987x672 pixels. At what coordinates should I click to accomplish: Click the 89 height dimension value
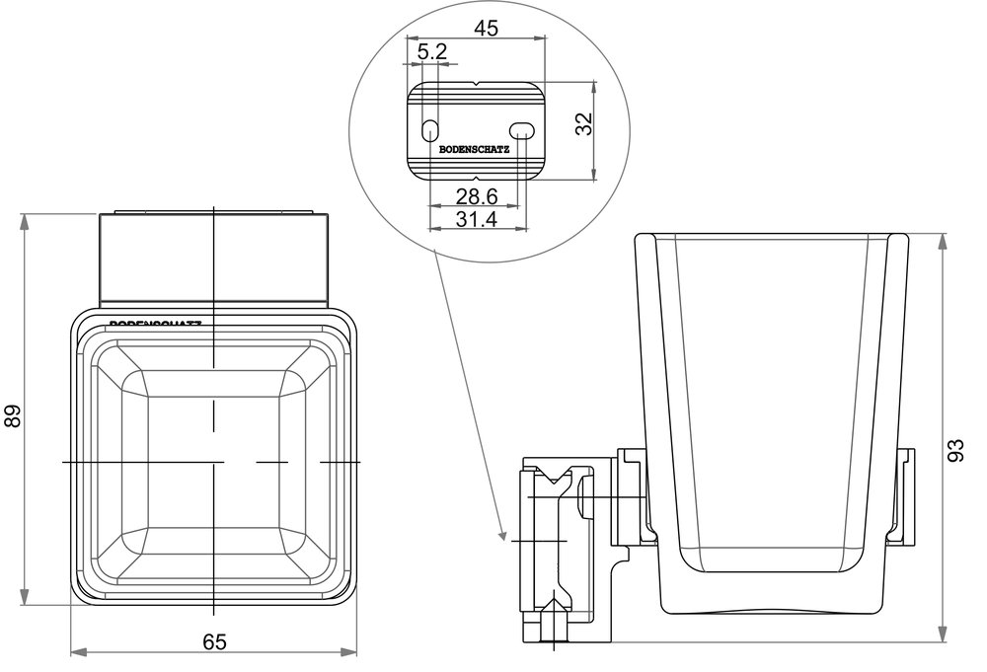tap(13, 417)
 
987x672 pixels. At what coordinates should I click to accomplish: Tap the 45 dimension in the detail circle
tap(486, 28)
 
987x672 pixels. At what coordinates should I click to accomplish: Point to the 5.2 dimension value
tap(431, 51)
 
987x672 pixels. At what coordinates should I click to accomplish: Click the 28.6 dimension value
tap(475, 197)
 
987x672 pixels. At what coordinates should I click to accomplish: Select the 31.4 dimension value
tap(475, 219)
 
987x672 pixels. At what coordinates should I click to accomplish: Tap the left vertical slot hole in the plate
tap(429, 129)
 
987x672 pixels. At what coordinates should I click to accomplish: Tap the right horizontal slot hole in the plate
tap(521, 129)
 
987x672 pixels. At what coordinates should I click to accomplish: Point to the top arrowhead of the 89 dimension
tap(25, 220)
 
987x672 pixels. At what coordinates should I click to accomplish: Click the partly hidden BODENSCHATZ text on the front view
tap(156, 323)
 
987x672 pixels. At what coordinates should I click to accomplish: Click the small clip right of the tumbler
tap(904, 492)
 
